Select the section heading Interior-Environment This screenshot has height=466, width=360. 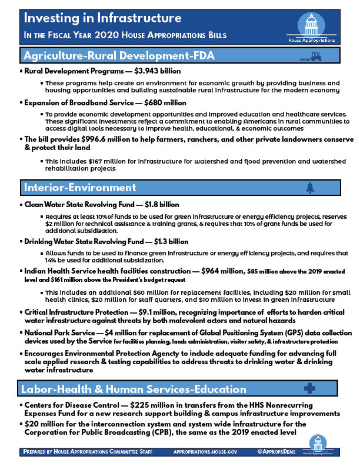coord(79,188)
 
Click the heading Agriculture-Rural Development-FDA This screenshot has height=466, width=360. coord(118,56)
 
